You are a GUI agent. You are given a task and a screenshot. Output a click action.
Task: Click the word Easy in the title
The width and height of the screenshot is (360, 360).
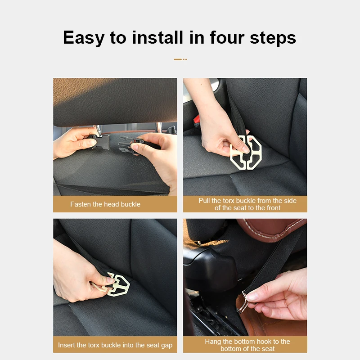pyautogui.click(x=84, y=38)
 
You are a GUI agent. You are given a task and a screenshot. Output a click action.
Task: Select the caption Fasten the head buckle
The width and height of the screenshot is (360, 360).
pyautogui.click(x=105, y=204)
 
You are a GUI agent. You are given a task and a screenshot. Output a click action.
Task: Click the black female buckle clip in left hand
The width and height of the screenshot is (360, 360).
pyautogui.click(x=99, y=141)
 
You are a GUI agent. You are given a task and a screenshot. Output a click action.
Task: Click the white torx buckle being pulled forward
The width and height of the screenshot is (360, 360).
pyautogui.click(x=246, y=153)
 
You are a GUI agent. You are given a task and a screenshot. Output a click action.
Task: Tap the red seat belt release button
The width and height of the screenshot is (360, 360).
pyautogui.click(x=197, y=119)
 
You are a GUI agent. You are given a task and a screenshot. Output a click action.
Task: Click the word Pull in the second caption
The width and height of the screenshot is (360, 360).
pyautogui.click(x=204, y=201)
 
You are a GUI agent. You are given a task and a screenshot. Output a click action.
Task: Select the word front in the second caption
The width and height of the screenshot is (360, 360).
pyautogui.click(x=273, y=208)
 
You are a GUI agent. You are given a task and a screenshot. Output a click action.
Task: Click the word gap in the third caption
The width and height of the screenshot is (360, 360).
pyautogui.click(x=166, y=346)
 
